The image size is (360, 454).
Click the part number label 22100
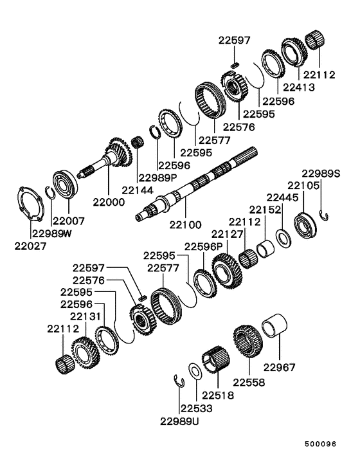click(x=185, y=225)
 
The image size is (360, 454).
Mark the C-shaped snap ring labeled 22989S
click(x=326, y=216)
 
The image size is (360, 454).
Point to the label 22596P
click(x=204, y=246)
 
